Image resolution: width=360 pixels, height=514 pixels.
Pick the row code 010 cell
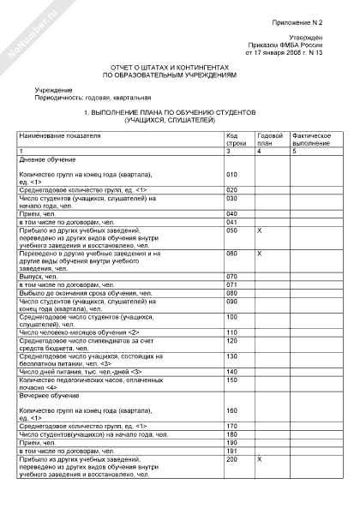(x=231, y=174)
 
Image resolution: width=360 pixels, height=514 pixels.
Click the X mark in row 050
(x=260, y=230)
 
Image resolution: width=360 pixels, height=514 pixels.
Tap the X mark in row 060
(x=260, y=254)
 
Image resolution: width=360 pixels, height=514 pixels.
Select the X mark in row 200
(x=260, y=459)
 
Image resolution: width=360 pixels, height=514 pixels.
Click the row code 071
(x=231, y=284)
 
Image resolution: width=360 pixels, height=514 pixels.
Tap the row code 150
(x=231, y=380)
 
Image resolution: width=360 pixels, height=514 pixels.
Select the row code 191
(x=231, y=450)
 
